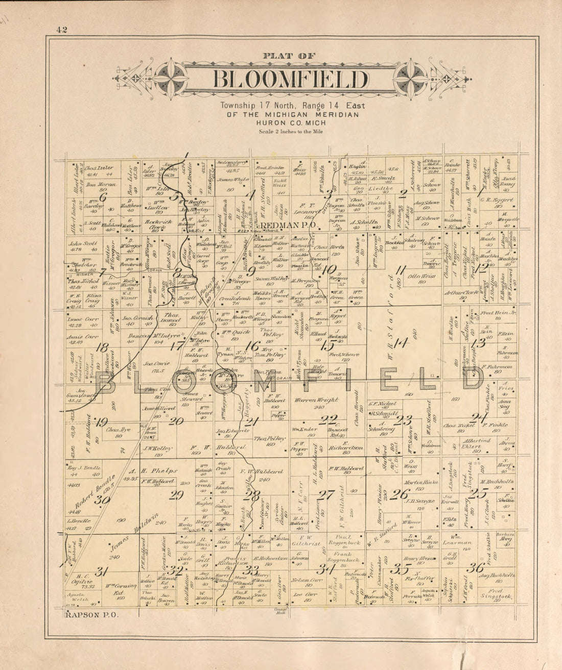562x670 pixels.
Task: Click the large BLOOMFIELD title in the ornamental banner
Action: point(290,80)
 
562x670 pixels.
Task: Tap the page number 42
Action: point(62,29)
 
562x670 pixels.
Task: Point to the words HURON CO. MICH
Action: point(290,123)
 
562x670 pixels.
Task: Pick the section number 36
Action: point(475,568)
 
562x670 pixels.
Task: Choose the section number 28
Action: point(251,494)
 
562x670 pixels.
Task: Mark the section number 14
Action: point(400,343)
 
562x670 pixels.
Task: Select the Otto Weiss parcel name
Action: point(421,276)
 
